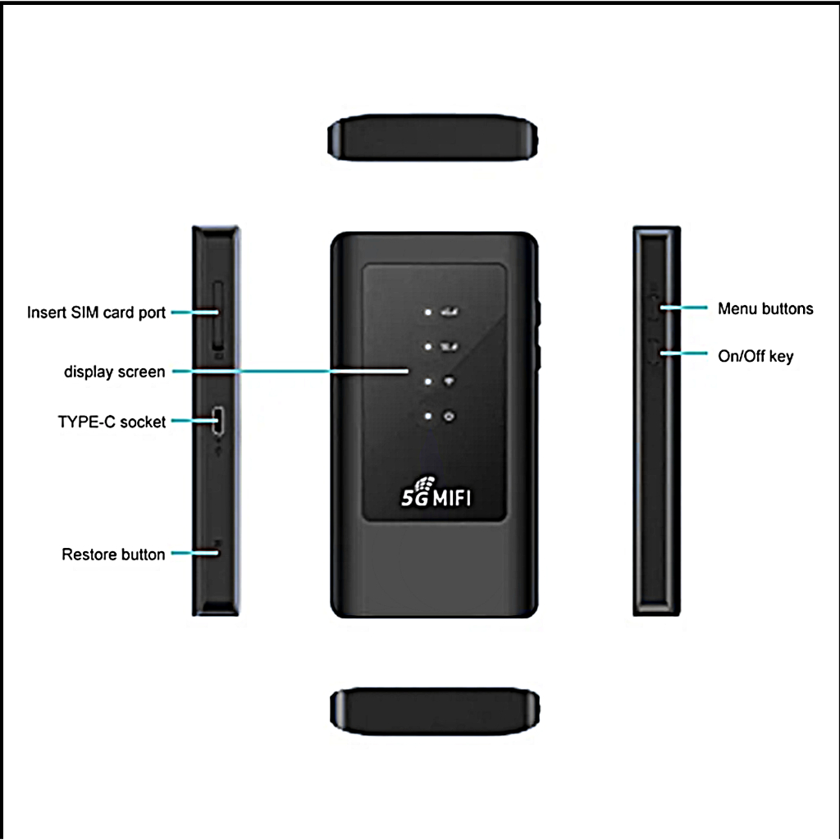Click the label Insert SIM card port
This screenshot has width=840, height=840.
pos(96,313)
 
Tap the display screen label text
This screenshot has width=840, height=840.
pos(115,372)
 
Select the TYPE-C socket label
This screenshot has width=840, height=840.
pos(112,422)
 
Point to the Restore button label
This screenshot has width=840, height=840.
pos(113,555)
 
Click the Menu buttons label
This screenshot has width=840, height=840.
pos(765,308)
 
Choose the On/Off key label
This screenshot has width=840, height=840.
pos(756,356)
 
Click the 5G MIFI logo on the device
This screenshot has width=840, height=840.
pos(436,492)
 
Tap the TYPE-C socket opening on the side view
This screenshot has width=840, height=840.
pos(218,421)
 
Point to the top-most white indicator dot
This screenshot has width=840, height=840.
pos(428,312)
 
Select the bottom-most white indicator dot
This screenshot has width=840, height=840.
pos(428,416)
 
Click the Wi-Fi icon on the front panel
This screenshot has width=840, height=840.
pos(449,381)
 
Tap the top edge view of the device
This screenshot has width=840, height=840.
pos(433,137)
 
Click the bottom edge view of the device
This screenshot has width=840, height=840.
pos(435,711)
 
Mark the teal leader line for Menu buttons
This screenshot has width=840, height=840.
pos(683,308)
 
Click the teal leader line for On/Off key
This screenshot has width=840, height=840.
pos(683,353)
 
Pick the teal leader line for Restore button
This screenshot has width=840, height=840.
pos(195,553)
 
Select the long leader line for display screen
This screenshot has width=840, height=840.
pos(290,371)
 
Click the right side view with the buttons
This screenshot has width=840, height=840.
pos(657,421)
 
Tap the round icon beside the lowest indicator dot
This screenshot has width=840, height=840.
pos(449,416)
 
